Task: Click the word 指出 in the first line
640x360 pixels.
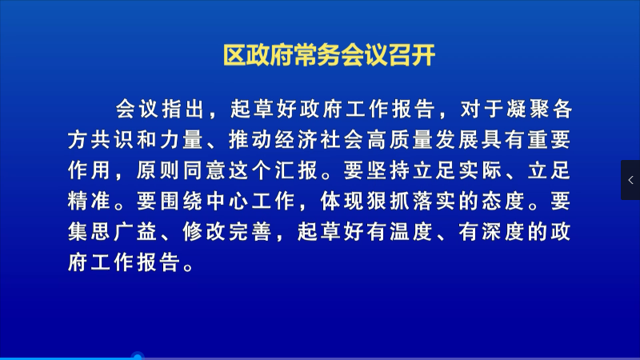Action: pos(183,110)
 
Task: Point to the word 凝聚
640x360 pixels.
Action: pos(528,110)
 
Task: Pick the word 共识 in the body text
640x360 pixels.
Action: pos(112,140)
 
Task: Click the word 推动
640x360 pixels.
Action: pos(250,140)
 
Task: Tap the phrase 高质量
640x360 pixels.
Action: pos(399,140)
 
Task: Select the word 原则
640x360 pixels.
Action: pos(158,170)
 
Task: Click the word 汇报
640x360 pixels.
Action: pos(296,170)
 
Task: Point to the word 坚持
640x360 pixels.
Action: pos(388,170)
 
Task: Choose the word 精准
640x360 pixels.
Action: pos(89,201)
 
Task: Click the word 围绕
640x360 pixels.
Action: pos(181,201)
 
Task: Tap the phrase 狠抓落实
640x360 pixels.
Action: pos(410,201)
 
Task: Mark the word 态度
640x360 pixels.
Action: pos(503,201)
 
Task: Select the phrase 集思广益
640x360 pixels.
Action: pos(112,231)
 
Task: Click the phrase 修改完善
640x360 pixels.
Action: pos(227,231)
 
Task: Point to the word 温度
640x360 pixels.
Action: pos(410,231)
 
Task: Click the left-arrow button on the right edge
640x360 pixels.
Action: pos(630,180)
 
